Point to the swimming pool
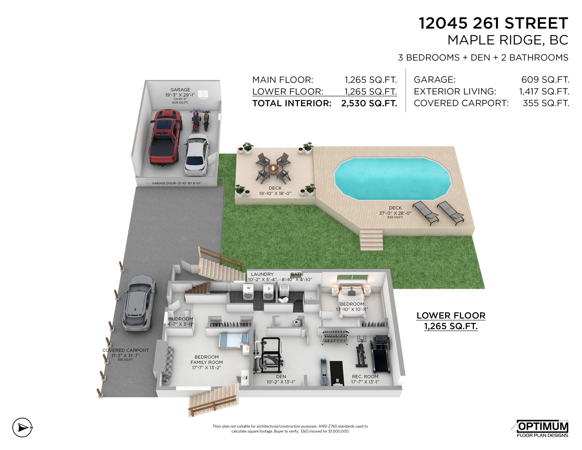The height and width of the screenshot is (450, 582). coord(392,178)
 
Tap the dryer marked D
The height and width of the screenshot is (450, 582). coord(269,293)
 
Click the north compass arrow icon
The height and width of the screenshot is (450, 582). coord(22,427)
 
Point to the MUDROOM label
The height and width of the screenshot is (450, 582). coord(180,319)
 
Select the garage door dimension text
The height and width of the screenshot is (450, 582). coord(176,183)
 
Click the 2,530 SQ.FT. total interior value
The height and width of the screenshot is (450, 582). coord(369,103)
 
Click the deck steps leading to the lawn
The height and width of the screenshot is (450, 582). coord(372,240)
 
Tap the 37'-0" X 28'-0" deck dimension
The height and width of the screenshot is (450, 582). coord(395,213)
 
